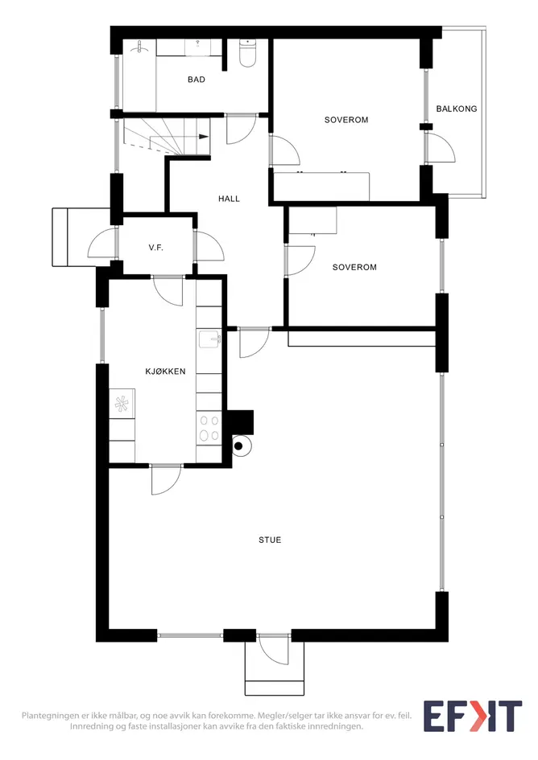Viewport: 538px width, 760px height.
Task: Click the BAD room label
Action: click(197, 80)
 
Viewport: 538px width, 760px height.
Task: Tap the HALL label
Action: click(229, 199)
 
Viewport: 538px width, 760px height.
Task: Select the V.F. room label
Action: click(156, 248)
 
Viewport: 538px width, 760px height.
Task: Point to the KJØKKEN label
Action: click(165, 372)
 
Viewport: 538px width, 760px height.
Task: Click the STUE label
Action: click(270, 540)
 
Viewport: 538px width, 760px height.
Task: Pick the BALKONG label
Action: click(457, 109)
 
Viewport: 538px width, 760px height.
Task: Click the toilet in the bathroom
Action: click(247, 53)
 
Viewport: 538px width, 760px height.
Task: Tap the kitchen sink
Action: click(210, 339)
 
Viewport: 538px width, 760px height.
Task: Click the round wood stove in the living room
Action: click(242, 446)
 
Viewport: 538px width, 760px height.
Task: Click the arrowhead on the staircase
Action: click(204, 138)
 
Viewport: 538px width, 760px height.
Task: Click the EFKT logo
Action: click(473, 717)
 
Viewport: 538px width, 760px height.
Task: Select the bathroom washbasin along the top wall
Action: click(197, 47)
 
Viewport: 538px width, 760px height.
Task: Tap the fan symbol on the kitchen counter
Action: click(121, 404)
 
